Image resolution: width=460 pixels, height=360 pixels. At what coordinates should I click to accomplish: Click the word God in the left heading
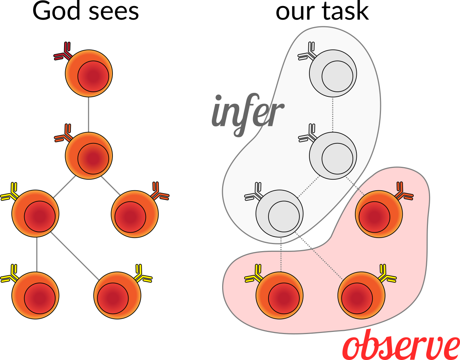coord(57,11)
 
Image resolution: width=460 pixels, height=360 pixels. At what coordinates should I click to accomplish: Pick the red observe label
coord(401,345)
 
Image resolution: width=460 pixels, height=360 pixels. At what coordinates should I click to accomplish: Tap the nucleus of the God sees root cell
coord(93,76)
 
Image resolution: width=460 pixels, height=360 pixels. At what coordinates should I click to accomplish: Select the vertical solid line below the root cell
coord(89,114)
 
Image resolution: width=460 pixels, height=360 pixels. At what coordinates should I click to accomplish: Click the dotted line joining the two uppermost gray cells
coord(333,115)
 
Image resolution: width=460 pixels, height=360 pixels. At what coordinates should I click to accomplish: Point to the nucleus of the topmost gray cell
coord(337,76)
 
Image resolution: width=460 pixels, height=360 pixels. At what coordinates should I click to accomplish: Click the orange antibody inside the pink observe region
coord(404,192)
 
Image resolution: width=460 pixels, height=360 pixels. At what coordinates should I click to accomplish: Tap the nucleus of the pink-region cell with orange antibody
coord(374,217)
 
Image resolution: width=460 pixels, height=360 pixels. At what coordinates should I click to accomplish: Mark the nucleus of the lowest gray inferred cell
coord(284,217)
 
